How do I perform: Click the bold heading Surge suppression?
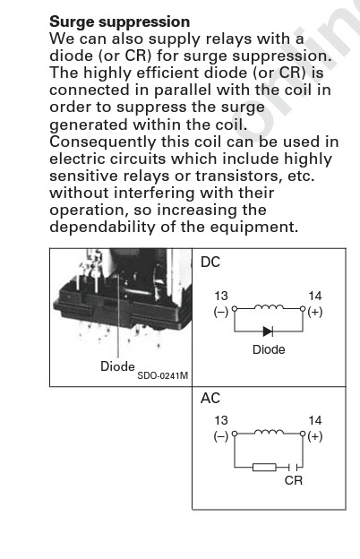coord(119,22)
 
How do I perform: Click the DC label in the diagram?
coord(210,262)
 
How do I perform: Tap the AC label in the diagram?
coord(210,399)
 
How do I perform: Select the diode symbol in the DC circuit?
coord(268,331)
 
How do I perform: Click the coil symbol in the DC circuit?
coord(270,306)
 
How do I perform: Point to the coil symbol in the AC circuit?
coord(270,432)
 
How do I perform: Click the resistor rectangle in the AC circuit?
coord(264,467)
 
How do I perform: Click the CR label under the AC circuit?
coord(294,480)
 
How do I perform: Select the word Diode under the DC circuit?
coord(269,349)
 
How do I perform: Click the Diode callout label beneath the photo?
coord(117,366)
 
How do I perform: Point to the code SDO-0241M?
coord(162,375)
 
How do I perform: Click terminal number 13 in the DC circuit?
coord(221,296)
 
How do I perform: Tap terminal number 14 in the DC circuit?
coord(315,296)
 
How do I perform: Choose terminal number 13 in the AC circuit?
coord(221,420)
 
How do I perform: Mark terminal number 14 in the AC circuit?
coord(315,420)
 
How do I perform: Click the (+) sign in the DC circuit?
coord(315,312)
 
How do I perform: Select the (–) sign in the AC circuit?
coord(221,436)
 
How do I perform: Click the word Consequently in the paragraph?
coord(103,142)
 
